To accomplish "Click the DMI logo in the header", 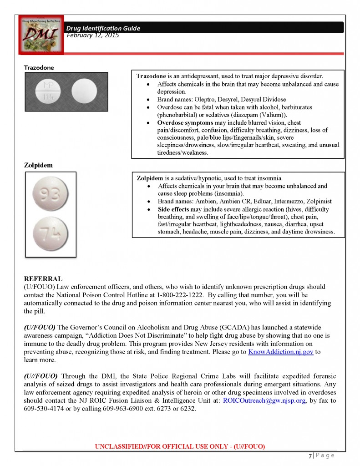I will tap(39, 34).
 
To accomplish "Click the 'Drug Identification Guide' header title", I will tap(103, 28).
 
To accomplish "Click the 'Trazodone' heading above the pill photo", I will tap(39, 67).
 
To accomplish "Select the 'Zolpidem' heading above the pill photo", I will tap(38, 165).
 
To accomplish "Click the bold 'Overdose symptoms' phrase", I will tap(184, 123).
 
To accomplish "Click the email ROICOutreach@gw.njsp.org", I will tap(265, 400).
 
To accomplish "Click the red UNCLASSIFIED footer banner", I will tap(180, 446).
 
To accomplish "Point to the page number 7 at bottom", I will tap(310, 456).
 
